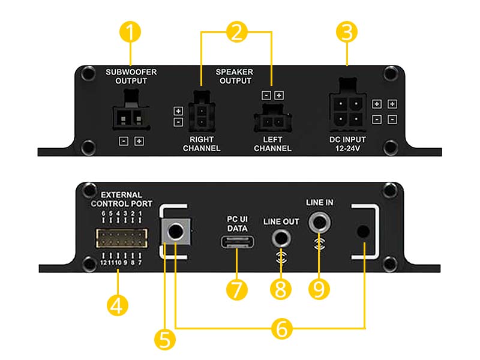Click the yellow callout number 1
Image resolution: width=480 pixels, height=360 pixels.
coord(130,32)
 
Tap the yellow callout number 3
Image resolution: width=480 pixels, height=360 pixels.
coord(347,32)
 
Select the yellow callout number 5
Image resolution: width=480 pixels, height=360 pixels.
coord(164,340)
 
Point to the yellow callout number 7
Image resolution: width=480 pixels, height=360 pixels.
coord(237,289)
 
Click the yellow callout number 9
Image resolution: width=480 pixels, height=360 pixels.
coord(319,289)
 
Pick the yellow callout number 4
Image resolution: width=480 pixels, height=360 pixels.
coord(118,305)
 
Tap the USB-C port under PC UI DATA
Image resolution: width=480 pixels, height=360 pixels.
coord(237,242)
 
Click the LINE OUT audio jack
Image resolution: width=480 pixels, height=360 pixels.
coord(281,238)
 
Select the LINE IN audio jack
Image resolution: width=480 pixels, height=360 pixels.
coord(319,222)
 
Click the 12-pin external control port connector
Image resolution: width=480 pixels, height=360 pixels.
coord(122,238)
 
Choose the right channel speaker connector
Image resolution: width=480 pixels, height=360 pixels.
coord(202,112)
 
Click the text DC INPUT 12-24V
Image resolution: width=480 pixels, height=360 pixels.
coord(347,144)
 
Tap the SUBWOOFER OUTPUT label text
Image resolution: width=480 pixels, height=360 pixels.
coord(131,77)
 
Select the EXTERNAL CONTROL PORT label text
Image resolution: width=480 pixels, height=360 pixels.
coord(122,199)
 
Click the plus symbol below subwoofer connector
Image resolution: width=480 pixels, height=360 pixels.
coord(139,141)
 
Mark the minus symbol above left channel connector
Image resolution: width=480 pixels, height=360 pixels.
coord(266,95)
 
